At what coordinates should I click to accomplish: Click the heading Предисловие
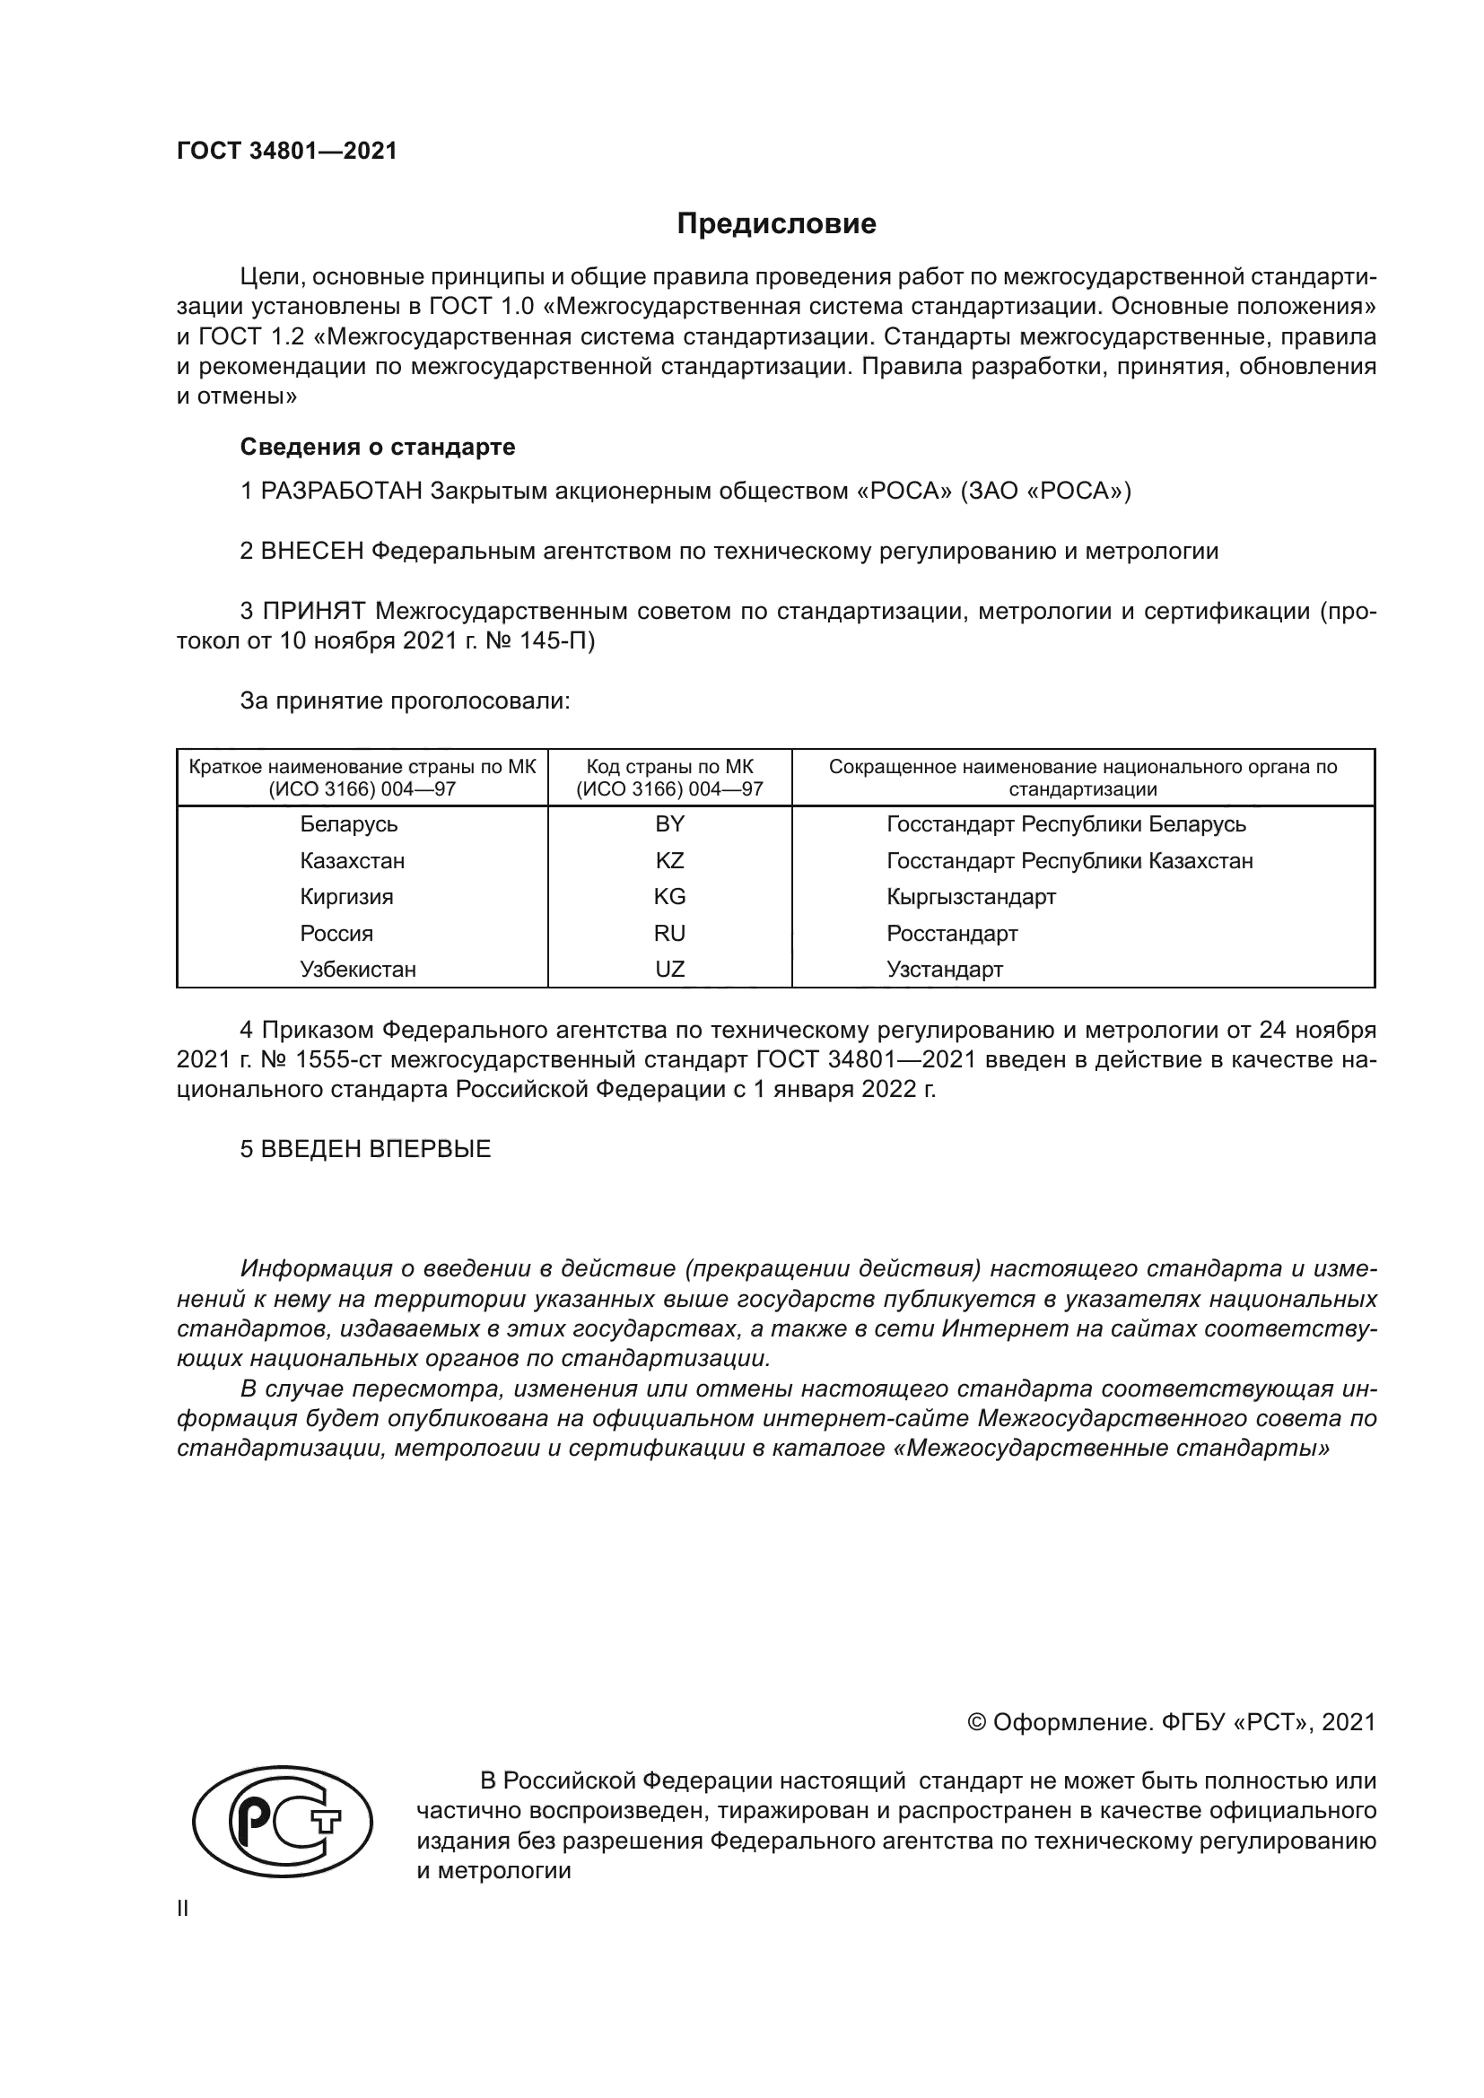pos(776,224)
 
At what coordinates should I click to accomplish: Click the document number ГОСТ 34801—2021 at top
pos(287,152)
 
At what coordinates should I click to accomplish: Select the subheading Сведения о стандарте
pos(378,447)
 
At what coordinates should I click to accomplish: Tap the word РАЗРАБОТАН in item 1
pos(342,492)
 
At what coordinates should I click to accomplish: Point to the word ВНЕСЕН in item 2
pos(312,551)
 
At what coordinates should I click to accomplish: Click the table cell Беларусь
pos(348,824)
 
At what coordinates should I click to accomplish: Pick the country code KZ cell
pos(669,861)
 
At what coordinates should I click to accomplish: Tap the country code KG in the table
pos(669,896)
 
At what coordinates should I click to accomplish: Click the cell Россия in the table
pos(336,934)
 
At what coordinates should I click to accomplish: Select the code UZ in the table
pos(669,970)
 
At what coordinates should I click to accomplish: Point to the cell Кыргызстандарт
pos(971,896)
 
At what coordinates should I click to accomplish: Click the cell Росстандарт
pos(951,934)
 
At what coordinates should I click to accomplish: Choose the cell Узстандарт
pos(944,970)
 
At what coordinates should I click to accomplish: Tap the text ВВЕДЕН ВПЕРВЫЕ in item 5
pos(376,1150)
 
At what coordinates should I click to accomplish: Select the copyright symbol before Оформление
pos(976,1722)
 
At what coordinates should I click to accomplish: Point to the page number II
pos(183,1908)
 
